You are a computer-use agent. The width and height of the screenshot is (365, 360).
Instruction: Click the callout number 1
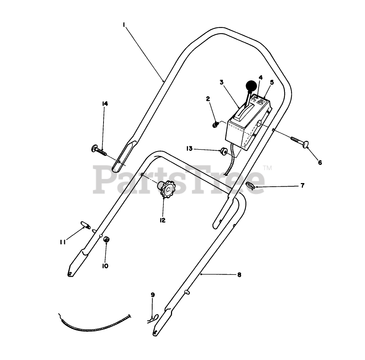pyautogui.click(x=124, y=25)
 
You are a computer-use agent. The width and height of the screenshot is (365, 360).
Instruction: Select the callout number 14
pyautogui.click(x=105, y=104)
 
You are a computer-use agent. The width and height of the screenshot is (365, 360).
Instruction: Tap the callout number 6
pyautogui.click(x=320, y=163)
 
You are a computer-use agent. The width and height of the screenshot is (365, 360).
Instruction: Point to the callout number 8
pyautogui.click(x=239, y=275)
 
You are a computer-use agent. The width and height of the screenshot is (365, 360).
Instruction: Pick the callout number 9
pyautogui.click(x=153, y=295)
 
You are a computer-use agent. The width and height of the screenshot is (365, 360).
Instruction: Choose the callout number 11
pyautogui.click(x=63, y=242)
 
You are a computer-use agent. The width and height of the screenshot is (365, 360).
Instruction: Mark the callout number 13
pyautogui.click(x=189, y=148)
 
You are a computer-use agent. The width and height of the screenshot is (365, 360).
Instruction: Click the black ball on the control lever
pyautogui.click(x=252, y=86)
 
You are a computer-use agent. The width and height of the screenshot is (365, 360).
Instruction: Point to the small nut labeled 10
pyautogui.click(x=106, y=239)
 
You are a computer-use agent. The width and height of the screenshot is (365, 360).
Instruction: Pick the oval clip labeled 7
pyautogui.click(x=250, y=186)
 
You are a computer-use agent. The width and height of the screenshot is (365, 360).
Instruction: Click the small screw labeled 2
pyautogui.click(x=215, y=125)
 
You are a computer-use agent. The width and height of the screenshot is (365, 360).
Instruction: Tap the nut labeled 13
pyautogui.click(x=224, y=151)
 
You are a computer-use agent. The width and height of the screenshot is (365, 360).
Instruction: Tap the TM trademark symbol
pyautogui.click(x=267, y=168)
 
